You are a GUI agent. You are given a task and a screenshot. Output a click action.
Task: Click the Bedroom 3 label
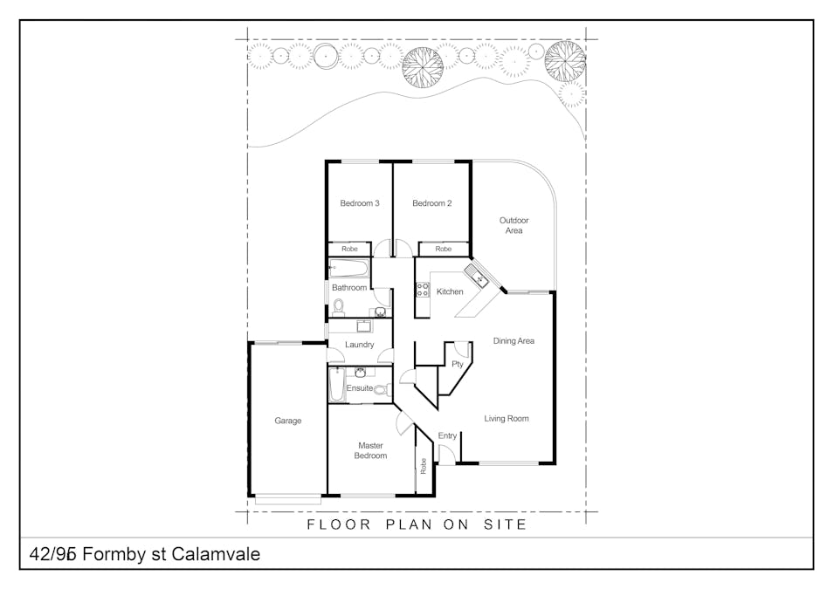(x=360, y=203)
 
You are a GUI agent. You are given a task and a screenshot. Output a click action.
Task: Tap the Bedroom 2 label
(x=432, y=203)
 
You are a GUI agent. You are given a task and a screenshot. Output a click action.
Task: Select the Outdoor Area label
(x=513, y=225)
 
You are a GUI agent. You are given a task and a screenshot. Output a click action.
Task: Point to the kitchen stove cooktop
(x=423, y=290)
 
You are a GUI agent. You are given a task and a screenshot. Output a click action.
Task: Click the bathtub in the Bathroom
(x=348, y=268)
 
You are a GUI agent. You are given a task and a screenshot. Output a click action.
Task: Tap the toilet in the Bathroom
(x=338, y=306)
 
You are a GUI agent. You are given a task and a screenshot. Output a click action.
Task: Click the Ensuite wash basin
(x=360, y=372)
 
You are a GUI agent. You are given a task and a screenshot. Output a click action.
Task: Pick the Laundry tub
(x=364, y=325)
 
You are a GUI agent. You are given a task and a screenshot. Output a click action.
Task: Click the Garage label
(x=287, y=421)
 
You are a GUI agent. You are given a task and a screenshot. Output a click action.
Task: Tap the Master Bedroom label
(x=371, y=450)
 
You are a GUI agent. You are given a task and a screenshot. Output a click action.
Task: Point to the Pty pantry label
(x=458, y=364)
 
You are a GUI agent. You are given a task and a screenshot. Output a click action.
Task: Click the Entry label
(x=447, y=436)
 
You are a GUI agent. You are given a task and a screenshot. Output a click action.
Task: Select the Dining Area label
(x=513, y=341)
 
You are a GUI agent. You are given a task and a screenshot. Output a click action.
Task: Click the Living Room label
(x=507, y=418)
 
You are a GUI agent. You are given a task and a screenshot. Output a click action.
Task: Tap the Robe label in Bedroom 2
(x=443, y=249)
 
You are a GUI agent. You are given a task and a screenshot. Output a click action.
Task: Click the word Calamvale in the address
(x=216, y=554)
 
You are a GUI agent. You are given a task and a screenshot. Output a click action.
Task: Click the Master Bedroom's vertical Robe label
(x=424, y=466)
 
